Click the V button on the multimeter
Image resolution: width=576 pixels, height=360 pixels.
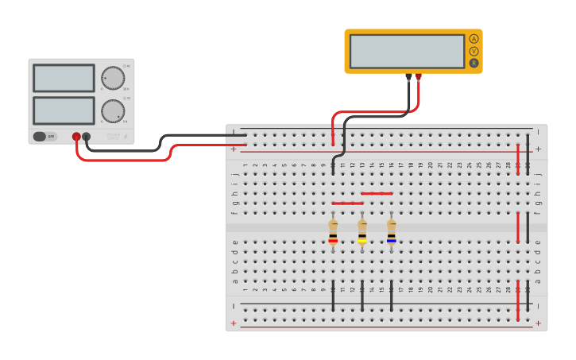click(x=474, y=51)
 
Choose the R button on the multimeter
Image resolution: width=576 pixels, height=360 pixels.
click(x=474, y=63)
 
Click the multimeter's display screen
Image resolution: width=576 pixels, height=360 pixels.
click(x=407, y=51)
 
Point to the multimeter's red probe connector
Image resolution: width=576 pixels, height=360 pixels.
click(x=419, y=77)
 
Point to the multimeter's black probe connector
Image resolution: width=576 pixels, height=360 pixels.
click(x=409, y=77)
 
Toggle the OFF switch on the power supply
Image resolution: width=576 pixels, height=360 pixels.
click(x=45, y=137)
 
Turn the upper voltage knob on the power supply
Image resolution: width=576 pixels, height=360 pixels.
click(x=113, y=78)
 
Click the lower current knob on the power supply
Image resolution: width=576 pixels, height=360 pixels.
click(x=113, y=110)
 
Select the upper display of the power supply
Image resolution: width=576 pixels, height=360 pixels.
click(x=64, y=78)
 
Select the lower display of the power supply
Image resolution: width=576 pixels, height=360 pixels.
click(x=64, y=110)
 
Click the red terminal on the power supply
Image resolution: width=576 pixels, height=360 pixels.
click(x=76, y=137)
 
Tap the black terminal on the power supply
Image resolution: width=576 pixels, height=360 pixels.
click(x=87, y=137)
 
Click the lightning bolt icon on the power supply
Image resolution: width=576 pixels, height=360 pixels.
click(x=125, y=137)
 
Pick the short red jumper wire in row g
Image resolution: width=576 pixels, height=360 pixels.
click(x=347, y=203)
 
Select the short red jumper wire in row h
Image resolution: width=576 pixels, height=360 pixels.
click(x=377, y=193)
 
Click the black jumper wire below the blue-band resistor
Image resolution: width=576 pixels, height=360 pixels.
click(x=392, y=295)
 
